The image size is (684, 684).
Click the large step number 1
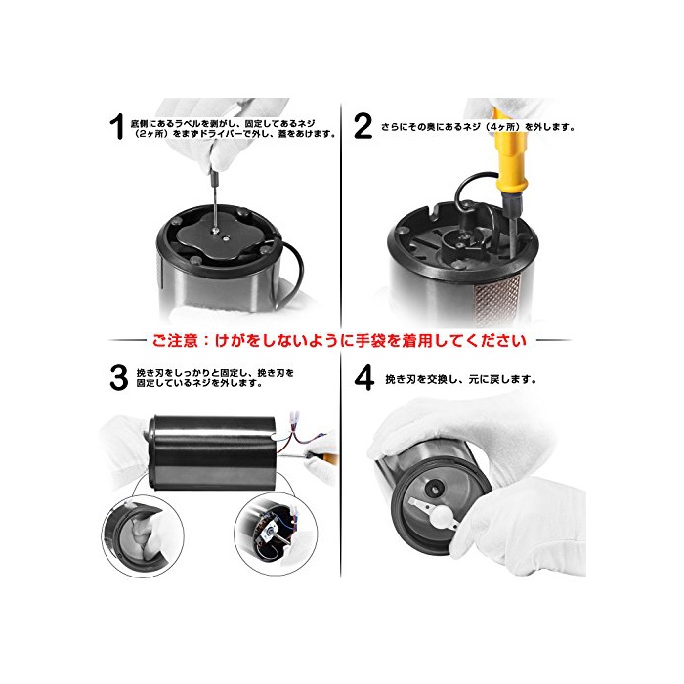[117, 126]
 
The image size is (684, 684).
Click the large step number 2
[363, 126]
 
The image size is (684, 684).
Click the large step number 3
[118, 378]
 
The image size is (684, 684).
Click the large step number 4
[363, 378]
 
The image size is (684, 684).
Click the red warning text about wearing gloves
[339, 340]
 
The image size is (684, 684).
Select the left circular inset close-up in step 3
[143, 536]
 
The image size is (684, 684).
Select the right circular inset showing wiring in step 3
[276, 534]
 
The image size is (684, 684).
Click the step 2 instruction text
[478, 127]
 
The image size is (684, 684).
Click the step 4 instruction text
[460, 379]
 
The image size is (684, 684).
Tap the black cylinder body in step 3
[215, 452]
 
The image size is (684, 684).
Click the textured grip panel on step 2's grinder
[498, 299]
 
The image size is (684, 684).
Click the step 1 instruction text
[234, 128]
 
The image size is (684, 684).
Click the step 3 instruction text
[215, 378]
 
